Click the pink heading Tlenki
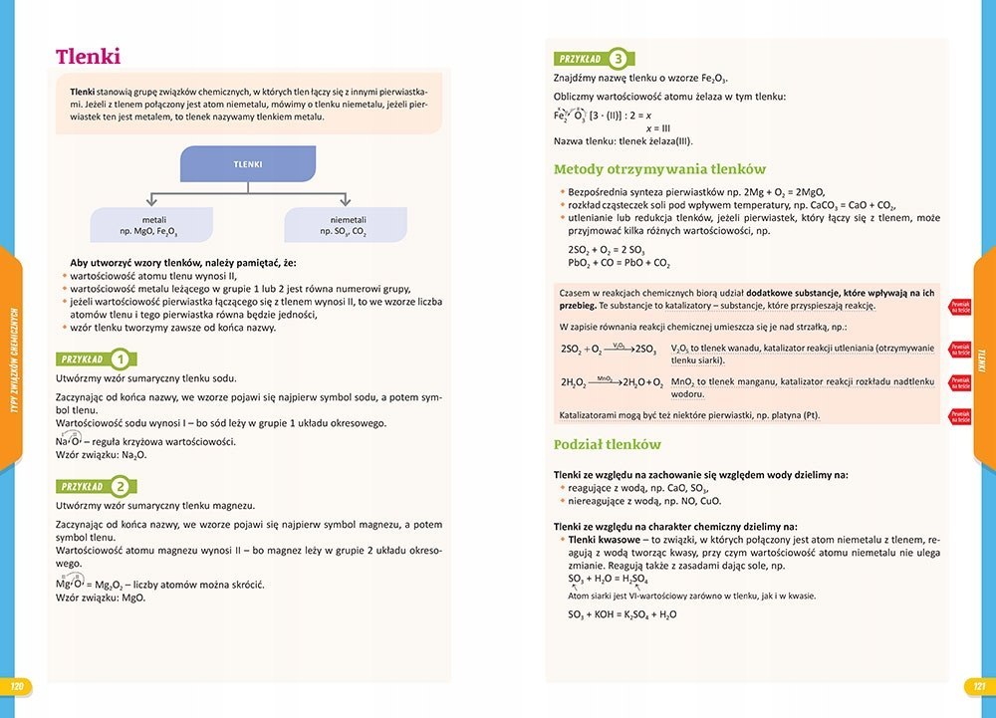(89, 56)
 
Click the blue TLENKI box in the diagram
(248, 164)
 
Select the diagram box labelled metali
(152, 225)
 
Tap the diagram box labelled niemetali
(347, 225)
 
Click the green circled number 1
(120, 359)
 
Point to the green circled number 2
(120, 487)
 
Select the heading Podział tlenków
(608, 444)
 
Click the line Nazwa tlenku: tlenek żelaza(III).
(629, 140)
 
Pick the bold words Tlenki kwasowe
(602, 539)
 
